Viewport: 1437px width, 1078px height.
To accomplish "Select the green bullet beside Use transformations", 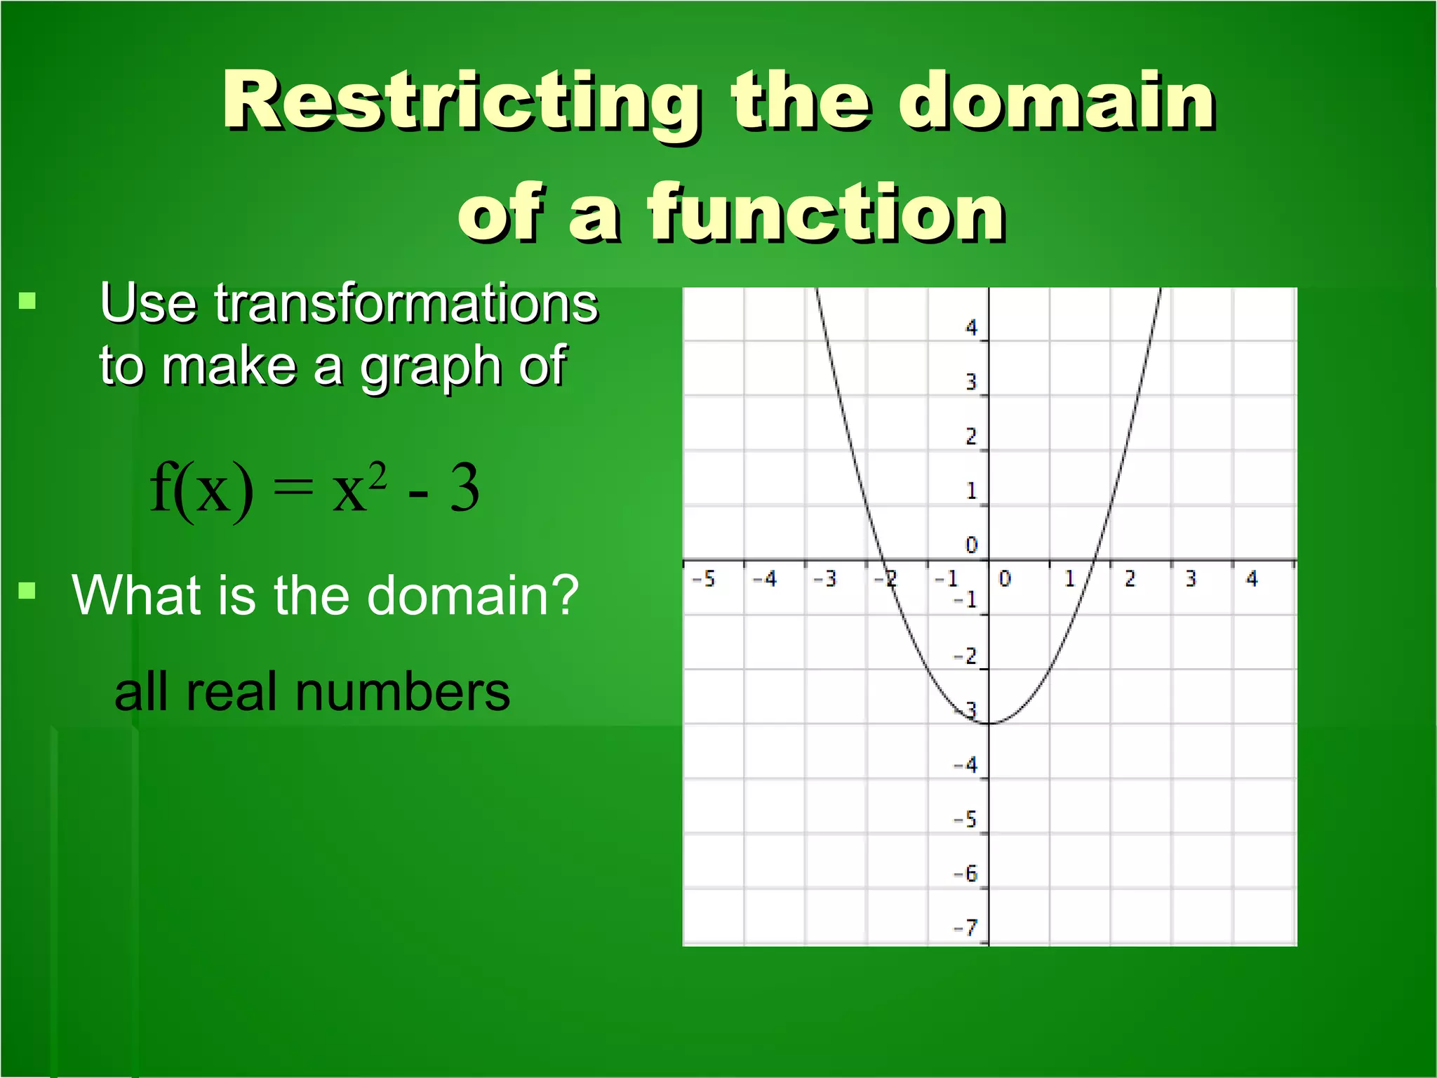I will click(x=27, y=302).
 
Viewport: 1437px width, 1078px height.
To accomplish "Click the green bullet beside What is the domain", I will click(x=27, y=590).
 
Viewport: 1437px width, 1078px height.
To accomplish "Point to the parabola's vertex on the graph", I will click(x=989, y=724).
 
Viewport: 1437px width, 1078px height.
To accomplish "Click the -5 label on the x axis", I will click(x=704, y=579).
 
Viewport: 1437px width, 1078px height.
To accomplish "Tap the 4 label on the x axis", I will click(x=1252, y=579).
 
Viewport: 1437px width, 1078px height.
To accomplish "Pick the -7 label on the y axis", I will click(x=965, y=928).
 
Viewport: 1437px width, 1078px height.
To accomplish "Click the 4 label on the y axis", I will click(x=971, y=328).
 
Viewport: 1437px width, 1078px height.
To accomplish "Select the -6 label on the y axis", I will click(x=965, y=874).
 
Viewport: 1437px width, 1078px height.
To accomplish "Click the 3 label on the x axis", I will click(x=1191, y=579).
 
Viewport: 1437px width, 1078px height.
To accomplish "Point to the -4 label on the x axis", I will click(x=765, y=579).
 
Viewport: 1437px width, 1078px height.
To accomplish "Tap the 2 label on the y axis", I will click(x=971, y=437).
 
